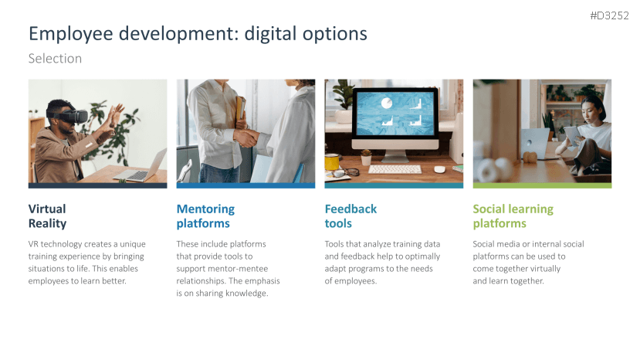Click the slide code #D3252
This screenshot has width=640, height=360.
click(x=609, y=15)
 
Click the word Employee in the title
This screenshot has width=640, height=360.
click(x=70, y=34)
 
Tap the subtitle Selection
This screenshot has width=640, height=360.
click(x=55, y=59)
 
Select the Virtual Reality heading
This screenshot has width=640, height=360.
click(x=47, y=216)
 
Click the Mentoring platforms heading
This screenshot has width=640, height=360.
click(x=205, y=216)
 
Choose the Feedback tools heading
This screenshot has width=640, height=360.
click(x=350, y=216)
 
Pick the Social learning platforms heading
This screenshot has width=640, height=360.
click(x=513, y=216)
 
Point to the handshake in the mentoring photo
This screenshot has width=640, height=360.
click(x=246, y=138)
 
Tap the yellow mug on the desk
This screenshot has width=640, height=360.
click(x=331, y=161)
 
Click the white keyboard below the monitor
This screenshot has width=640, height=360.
click(x=394, y=168)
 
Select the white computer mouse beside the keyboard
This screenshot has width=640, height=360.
click(x=439, y=168)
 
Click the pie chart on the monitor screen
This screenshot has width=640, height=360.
click(x=387, y=103)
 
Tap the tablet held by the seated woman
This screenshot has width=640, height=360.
click(x=572, y=135)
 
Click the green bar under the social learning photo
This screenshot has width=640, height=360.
click(x=542, y=185)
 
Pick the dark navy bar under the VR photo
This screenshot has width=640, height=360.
click(x=97, y=185)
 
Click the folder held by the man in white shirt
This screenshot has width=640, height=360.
click(x=240, y=108)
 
